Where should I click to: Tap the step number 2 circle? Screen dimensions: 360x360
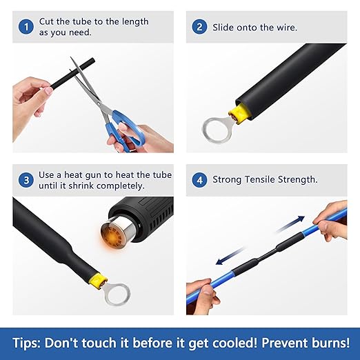[x=200, y=27]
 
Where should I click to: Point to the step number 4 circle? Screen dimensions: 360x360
[x=200, y=180]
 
